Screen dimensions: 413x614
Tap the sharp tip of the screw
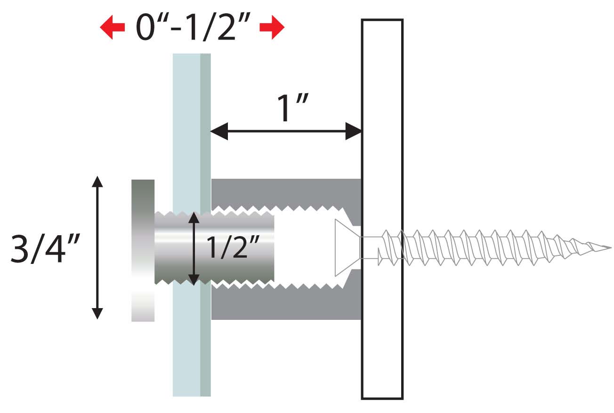(x=607, y=247)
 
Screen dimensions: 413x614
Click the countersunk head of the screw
(x=347, y=247)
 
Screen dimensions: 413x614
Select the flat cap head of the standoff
(x=143, y=250)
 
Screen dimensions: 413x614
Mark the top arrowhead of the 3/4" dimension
(x=97, y=182)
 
